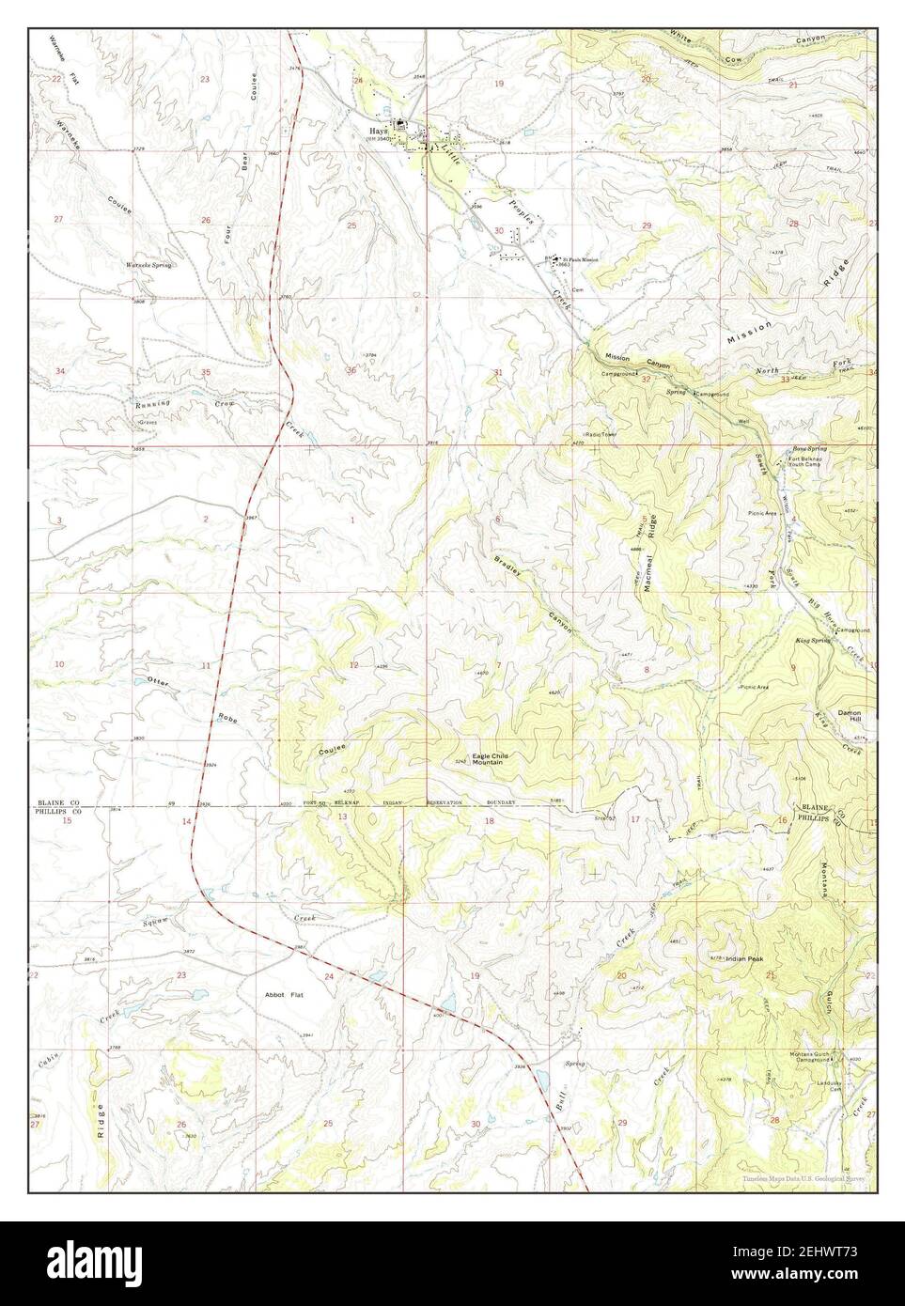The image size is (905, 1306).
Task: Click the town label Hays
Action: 380,131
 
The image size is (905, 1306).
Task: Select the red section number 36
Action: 351,370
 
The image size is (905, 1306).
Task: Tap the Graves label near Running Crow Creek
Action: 147,424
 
